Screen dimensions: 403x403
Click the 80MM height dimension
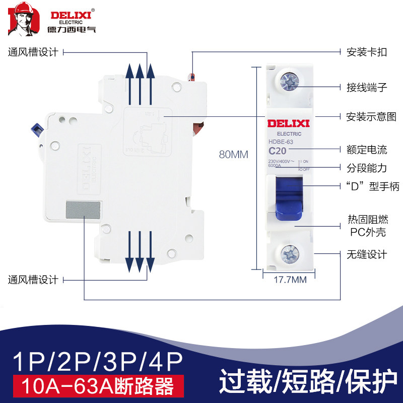tap(233, 155)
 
